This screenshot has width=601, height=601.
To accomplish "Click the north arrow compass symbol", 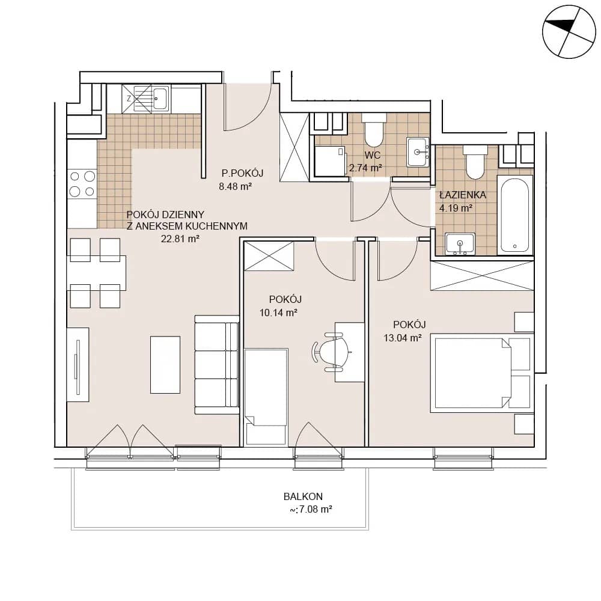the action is pyautogui.click(x=569, y=31).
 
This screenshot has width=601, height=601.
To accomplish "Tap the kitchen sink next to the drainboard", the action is pyautogui.click(x=160, y=98).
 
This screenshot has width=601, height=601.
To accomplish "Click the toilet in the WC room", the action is pyautogui.click(x=374, y=129).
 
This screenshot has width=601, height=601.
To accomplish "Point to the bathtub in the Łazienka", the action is pyautogui.click(x=515, y=215).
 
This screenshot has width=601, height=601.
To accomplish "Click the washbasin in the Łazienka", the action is pyautogui.click(x=460, y=243).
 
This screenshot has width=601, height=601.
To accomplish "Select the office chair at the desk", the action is pyautogui.click(x=332, y=352).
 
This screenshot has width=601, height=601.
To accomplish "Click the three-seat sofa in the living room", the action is pyautogui.click(x=217, y=365).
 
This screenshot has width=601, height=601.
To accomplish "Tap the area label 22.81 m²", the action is pyautogui.click(x=180, y=239).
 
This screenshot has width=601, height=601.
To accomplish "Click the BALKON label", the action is pyautogui.click(x=303, y=496).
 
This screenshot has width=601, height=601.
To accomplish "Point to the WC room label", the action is pyautogui.click(x=373, y=155).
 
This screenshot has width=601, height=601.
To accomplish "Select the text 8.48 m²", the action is pyautogui.click(x=236, y=187).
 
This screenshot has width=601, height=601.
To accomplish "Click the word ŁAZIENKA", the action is pyautogui.click(x=463, y=195).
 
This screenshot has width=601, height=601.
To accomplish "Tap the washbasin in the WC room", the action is pyautogui.click(x=418, y=152).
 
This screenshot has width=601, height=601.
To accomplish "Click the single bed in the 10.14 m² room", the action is pyautogui.click(x=266, y=397).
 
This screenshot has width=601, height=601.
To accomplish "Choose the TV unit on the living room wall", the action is pyautogui.click(x=78, y=365).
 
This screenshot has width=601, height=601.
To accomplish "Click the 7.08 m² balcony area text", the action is pyautogui.click(x=311, y=510).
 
